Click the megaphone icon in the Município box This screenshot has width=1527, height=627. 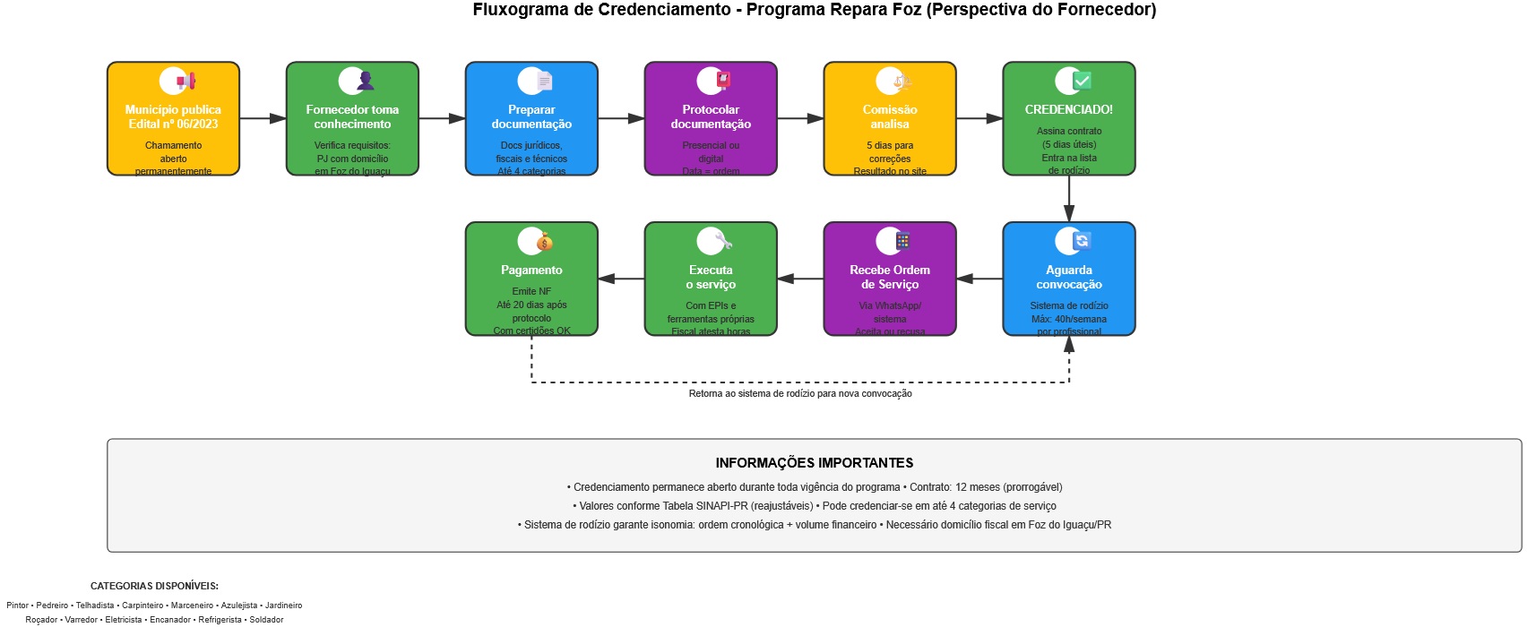(185, 82)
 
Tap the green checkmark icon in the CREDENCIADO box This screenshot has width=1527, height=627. (1082, 81)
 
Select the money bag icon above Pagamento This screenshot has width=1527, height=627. (544, 242)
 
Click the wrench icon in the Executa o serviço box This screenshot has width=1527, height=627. (722, 241)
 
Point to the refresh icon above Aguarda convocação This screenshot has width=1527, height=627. (1082, 241)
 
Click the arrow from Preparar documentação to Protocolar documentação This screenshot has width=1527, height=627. (621, 118)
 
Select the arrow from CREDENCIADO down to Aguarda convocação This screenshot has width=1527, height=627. (1069, 198)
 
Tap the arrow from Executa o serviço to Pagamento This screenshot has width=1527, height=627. (621, 279)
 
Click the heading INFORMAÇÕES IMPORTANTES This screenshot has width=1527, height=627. (814, 463)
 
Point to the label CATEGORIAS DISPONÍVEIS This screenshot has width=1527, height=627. (154, 586)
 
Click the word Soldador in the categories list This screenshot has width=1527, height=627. (266, 620)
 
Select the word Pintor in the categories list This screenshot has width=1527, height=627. (18, 606)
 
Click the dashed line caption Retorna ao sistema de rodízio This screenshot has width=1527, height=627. (800, 394)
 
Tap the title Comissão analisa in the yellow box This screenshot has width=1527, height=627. (890, 116)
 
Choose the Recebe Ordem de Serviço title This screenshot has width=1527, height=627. (890, 277)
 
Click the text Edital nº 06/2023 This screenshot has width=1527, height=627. (173, 125)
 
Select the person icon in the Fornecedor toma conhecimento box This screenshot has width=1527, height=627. (365, 82)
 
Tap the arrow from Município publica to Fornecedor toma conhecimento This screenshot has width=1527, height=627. (263, 118)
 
